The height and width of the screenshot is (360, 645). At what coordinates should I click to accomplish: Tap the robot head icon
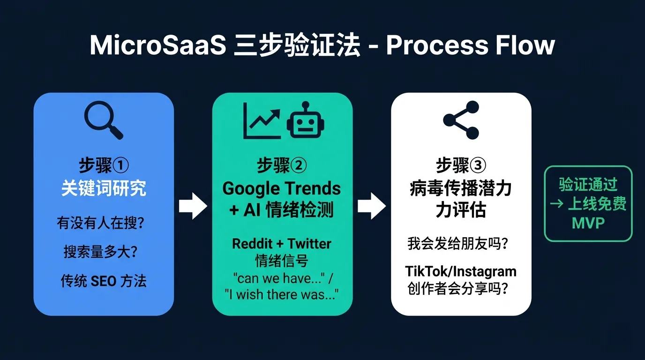[306, 120]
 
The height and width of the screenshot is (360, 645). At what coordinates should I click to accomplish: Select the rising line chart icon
[262, 120]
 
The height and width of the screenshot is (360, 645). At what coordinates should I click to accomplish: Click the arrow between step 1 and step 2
[193, 206]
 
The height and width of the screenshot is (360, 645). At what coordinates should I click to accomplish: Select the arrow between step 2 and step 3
[372, 206]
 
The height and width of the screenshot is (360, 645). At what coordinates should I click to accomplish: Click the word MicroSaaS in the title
[158, 45]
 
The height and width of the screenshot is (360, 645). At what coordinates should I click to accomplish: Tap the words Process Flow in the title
[470, 45]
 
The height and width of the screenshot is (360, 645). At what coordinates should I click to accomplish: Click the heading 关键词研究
[104, 188]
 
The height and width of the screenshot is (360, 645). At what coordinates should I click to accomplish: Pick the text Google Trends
[282, 188]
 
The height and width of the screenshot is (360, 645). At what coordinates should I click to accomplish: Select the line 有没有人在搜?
[100, 223]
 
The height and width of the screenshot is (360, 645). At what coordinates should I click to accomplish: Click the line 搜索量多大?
[100, 252]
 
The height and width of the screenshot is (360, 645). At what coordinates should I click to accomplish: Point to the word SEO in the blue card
[104, 281]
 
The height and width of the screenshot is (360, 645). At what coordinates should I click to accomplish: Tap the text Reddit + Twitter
[282, 244]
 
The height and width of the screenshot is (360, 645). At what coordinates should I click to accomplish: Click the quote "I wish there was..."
[282, 295]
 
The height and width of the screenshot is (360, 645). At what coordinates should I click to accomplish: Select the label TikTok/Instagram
[461, 272]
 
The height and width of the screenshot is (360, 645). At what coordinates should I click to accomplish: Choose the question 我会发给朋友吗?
[457, 244]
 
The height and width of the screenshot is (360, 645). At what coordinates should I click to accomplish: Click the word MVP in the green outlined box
[588, 223]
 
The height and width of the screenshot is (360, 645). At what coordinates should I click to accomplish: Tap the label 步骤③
[461, 165]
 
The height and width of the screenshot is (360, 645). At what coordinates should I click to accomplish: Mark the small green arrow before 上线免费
[556, 204]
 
